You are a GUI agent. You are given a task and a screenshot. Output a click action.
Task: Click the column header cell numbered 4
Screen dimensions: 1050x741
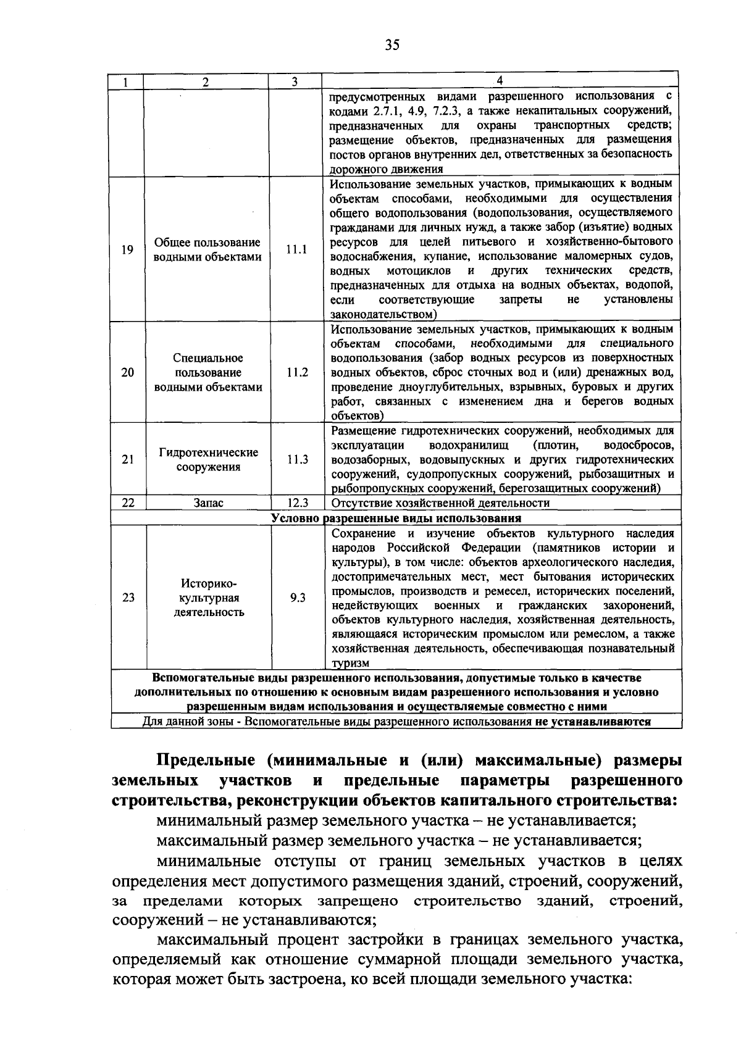click(500, 81)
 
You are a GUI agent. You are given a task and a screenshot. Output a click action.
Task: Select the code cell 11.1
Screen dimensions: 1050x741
click(296, 250)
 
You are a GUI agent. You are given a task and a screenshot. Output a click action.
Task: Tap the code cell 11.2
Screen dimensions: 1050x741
click(297, 373)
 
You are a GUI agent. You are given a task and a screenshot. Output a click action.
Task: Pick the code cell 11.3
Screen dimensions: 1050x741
click(297, 460)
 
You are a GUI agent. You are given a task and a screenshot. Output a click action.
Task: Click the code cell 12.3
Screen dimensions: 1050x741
click(297, 503)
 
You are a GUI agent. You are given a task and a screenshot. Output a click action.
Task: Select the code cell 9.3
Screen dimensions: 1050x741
click(298, 598)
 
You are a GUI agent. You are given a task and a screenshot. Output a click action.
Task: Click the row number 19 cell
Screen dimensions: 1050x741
click(127, 250)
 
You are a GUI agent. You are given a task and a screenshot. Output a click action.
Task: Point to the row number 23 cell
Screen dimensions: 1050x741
click(128, 598)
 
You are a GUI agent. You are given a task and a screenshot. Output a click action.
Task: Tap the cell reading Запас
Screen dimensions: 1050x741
click(209, 503)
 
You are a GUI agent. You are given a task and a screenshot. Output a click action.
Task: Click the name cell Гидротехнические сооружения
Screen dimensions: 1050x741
click(209, 460)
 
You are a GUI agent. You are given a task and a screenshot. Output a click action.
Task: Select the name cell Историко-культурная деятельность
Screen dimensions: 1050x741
click(209, 598)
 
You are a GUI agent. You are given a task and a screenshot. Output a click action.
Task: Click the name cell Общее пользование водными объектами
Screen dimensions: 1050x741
click(207, 250)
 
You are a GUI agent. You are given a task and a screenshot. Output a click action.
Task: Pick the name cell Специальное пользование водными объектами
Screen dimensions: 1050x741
click(208, 373)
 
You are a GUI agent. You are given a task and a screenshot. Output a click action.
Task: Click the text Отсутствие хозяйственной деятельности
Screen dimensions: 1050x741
click(440, 503)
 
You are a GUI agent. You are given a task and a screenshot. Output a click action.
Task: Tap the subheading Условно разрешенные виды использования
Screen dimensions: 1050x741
click(396, 518)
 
